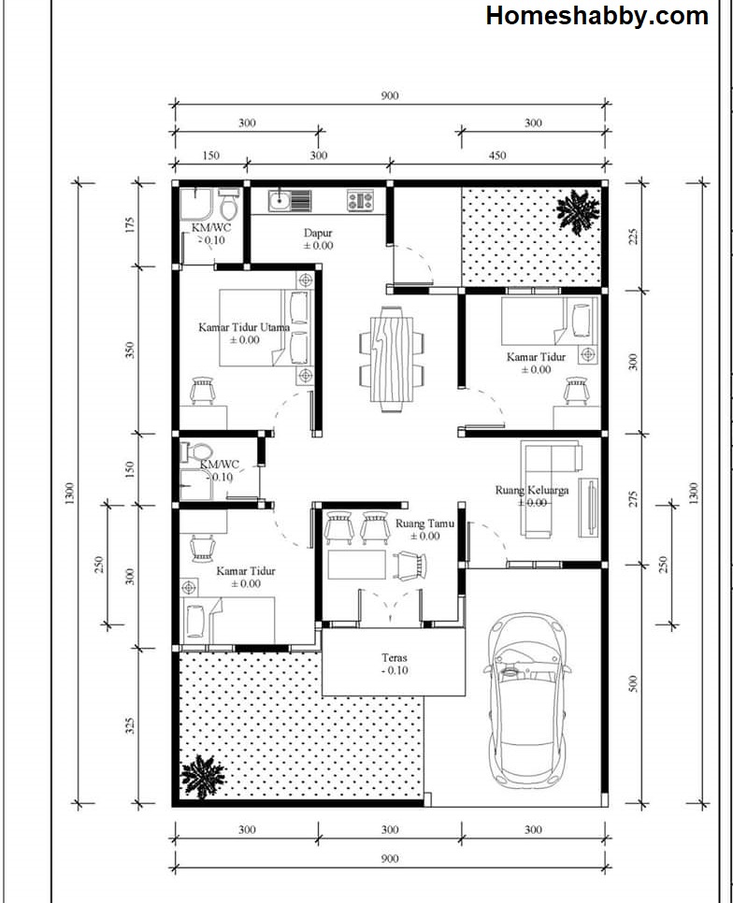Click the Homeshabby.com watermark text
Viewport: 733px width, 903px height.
coord(597,16)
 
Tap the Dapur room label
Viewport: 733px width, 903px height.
coord(318,234)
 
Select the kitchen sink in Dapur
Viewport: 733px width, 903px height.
coord(290,201)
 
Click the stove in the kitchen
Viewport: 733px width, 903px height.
coord(360,201)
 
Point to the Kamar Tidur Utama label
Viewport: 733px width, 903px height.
coord(244,327)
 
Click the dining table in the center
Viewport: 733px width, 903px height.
coord(392,359)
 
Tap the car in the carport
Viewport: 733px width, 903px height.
coord(527,700)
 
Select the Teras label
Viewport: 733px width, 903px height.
coord(395,658)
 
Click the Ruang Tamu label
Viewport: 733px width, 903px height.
coord(425,524)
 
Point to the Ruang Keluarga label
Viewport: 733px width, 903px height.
coord(532,490)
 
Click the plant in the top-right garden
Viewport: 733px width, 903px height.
coord(578,212)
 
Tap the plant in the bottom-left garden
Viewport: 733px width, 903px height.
coord(202,776)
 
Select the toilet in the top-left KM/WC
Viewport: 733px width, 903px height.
coord(228,204)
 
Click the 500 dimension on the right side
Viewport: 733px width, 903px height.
coord(633,683)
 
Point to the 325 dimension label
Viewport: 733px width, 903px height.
coord(131,725)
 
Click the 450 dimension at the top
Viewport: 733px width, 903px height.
coord(496,155)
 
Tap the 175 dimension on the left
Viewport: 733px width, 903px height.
coord(129,224)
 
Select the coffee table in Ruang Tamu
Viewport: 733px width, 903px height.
coord(357,565)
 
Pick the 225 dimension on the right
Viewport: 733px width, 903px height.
coord(633,237)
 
